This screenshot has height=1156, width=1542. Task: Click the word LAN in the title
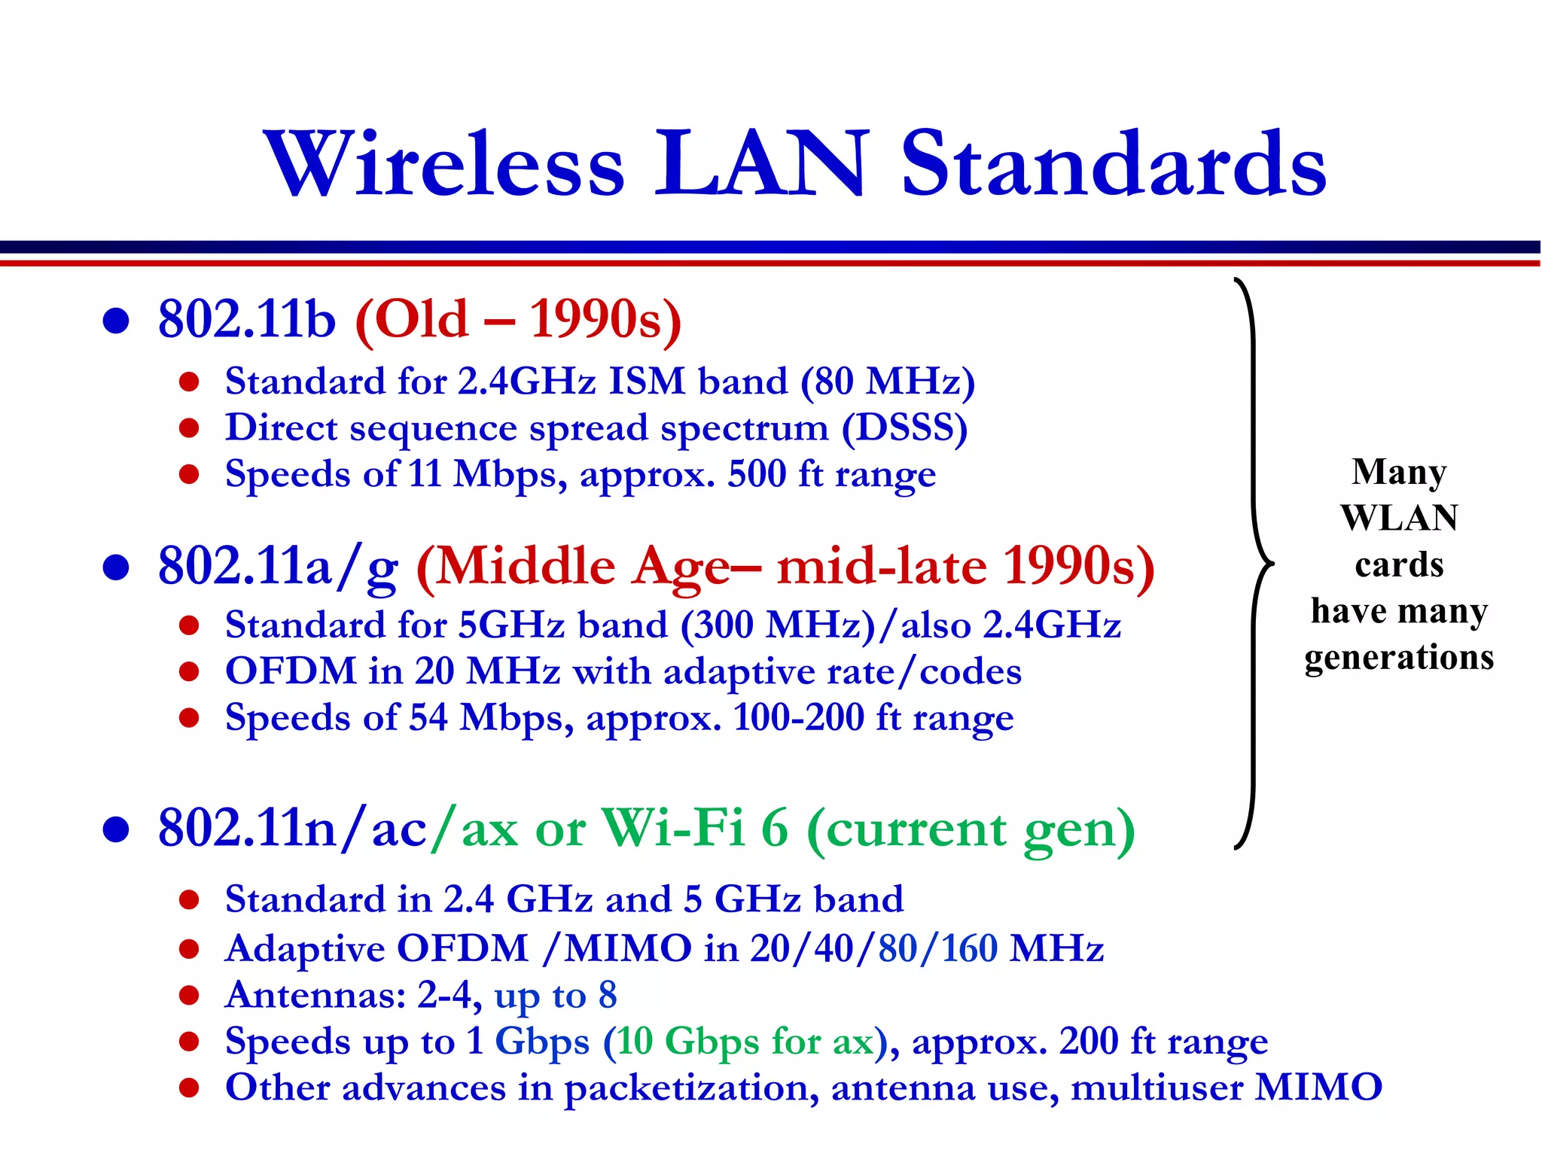coord(760,164)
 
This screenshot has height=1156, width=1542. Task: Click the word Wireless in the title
coord(444,164)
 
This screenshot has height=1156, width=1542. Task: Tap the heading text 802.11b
coord(246,319)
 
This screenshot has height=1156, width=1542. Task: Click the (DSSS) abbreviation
coord(904,428)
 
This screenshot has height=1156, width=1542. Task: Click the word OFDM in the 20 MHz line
coord(291,671)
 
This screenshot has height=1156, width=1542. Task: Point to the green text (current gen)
coord(971,830)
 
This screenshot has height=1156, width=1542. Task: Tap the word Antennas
coord(315,995)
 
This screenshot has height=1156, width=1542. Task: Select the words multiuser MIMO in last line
coord(1226,1088)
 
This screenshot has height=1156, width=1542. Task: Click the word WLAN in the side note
coord(1399,518)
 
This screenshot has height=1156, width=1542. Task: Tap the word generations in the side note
coord(1399,657)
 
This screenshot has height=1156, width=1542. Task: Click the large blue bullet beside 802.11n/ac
coord(116,829)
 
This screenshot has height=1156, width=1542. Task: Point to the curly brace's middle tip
coord(1272,563)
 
